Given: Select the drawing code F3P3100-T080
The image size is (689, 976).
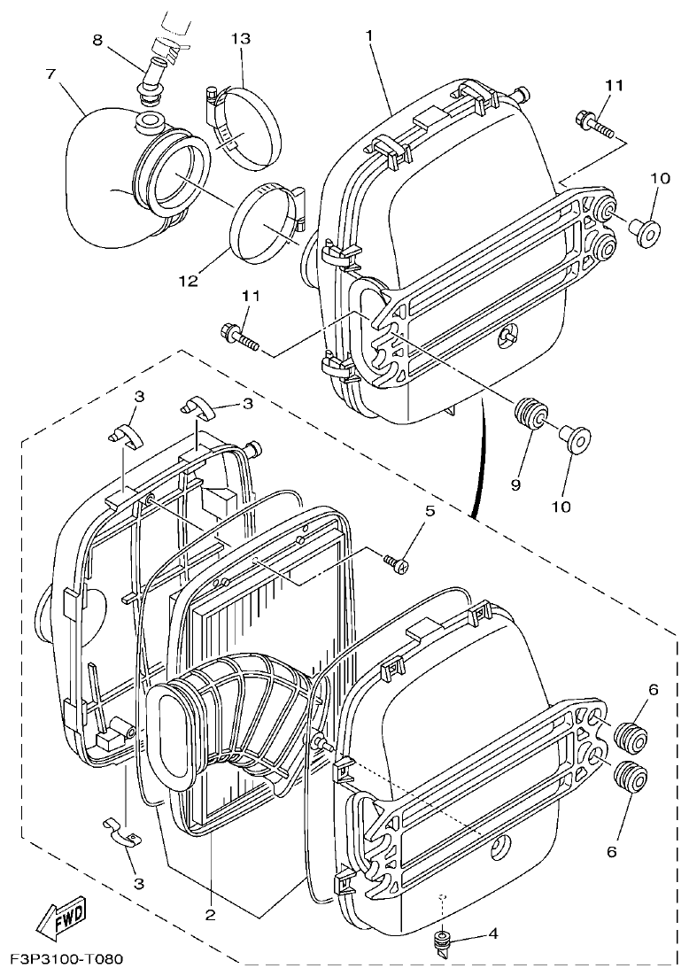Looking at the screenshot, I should coord(67,960).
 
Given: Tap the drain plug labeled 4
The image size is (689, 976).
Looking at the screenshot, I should coord(440,940).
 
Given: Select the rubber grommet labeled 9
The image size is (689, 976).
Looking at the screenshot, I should coord(530,413).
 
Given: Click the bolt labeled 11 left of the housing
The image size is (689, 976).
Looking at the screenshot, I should coord(236,336).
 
